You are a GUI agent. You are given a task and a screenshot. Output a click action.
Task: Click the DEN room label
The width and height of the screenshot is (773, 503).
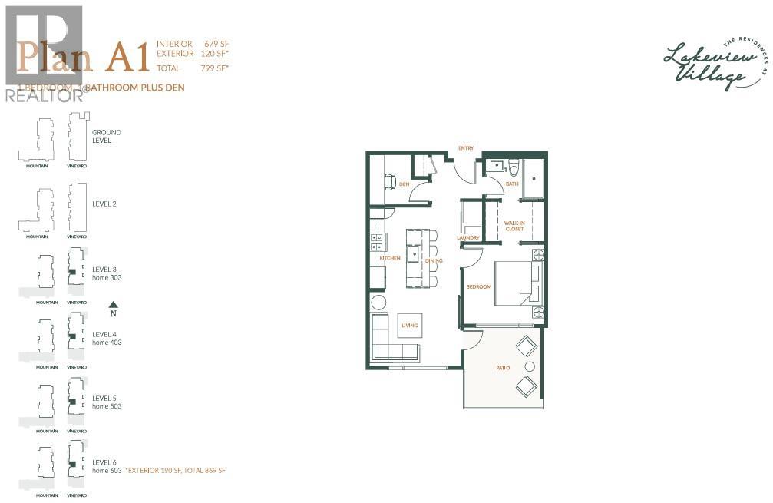404,184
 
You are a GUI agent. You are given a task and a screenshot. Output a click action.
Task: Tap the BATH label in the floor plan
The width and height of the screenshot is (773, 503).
512,184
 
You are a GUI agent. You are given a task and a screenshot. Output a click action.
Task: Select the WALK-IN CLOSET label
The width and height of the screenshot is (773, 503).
514,225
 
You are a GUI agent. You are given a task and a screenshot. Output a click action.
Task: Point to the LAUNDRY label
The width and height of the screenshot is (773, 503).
468,238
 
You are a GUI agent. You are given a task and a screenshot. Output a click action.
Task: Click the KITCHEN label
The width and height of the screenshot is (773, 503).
390,258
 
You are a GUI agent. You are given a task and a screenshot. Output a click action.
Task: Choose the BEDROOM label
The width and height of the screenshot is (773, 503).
479,287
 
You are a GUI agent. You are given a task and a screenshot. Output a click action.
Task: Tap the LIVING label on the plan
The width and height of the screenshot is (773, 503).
409,326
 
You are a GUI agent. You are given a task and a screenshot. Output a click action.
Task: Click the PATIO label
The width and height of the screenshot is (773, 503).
503,368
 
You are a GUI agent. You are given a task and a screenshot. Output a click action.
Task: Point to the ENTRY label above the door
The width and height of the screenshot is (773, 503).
466,147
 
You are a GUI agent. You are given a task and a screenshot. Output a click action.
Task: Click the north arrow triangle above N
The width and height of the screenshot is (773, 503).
113,304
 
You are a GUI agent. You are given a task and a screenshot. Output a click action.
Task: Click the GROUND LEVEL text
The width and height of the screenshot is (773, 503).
107,137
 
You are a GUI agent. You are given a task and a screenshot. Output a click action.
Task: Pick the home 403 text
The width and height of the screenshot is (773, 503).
107,343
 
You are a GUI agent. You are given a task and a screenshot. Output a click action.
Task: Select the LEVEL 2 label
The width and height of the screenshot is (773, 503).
104,204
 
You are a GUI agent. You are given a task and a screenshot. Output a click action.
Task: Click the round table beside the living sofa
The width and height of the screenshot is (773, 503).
378,302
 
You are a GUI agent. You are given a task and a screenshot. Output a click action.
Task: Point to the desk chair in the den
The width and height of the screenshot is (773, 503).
388,181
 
